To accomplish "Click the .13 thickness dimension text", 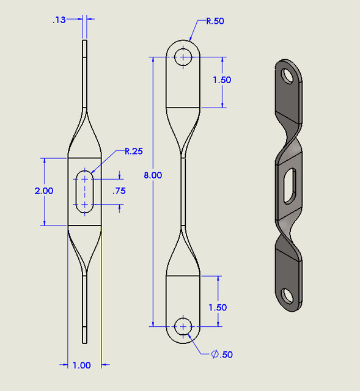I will click(59, 20).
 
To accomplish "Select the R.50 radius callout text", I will click(215, 21).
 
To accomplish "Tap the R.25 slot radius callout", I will click(134, 151).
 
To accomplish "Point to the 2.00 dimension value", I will click(43, 191).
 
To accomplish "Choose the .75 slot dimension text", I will click(119, 191).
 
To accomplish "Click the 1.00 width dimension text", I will click(81, 365).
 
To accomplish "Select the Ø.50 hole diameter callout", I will click(222, 354).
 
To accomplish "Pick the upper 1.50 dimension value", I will click(222, 80).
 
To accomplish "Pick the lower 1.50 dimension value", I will click(217, 307).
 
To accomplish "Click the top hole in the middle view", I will click(183, 57).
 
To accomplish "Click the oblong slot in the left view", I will click(84, 191).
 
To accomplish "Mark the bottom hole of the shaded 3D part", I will click(285, 297).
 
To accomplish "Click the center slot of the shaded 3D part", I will click(290, 186).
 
